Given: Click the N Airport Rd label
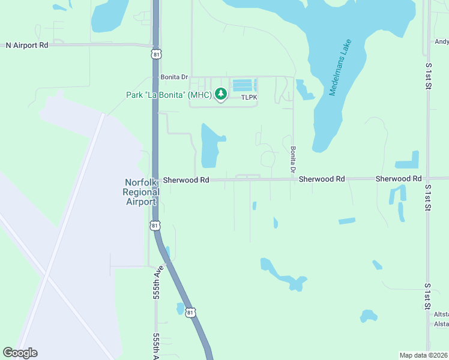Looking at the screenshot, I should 27,45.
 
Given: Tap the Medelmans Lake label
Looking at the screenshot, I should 340,68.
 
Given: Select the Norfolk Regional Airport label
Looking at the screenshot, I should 141,192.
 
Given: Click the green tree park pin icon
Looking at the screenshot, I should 221,94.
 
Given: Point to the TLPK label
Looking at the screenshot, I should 249,97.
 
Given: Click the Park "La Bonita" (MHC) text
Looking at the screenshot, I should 169,95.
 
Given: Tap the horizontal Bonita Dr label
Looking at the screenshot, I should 174,77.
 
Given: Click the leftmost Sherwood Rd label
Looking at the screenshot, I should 186,180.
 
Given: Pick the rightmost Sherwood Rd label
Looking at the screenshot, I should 399,179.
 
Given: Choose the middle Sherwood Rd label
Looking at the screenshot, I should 322,179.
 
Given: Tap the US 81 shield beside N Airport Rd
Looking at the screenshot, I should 156,54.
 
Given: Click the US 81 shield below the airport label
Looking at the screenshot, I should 155,225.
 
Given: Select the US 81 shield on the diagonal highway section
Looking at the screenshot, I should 190,313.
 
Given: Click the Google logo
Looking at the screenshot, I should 20,353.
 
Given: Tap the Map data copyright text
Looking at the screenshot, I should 424,355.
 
